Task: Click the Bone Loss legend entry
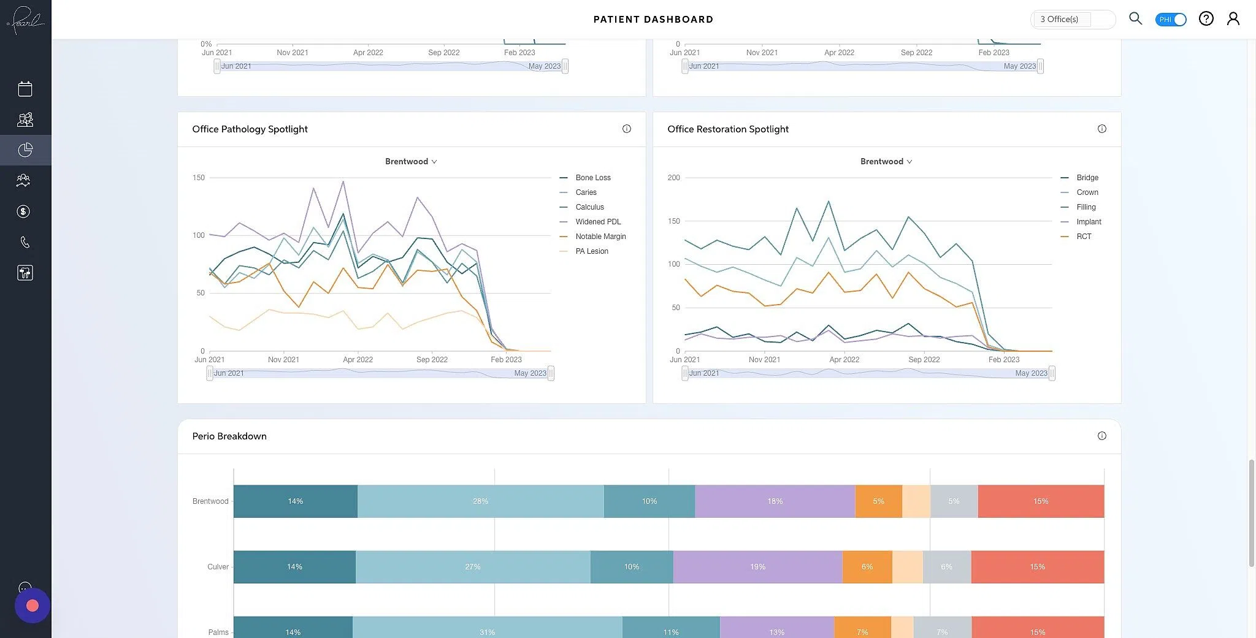click(x=592, y=178)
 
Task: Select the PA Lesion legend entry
click(x=591, y=251)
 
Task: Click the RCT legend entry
click(x=1083, y=237)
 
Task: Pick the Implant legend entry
click(x=1088, y=222)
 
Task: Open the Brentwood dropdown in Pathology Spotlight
click(x=410, y=162)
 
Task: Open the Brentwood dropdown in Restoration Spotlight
click(x=886, y=162)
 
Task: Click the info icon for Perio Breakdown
click(x=1101, y=436)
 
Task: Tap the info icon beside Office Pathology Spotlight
click(x=626, y=129)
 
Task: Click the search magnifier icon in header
click(x=1135, y=19)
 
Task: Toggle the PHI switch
click(x=1170, y=20)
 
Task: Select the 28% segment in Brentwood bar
click(x=480, y=501)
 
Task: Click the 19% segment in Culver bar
click(x=757, y=567)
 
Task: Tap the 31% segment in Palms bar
click(x=487, y=630)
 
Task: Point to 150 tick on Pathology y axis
click(x=199, y=178)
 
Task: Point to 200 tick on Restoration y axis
click(x=673, y=178)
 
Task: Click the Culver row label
click(x=218, y=567)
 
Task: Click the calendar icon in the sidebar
click(x=25, y=89)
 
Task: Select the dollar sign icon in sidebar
click(x=23, y=211)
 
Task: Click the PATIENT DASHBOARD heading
click(x=653, y=20)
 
